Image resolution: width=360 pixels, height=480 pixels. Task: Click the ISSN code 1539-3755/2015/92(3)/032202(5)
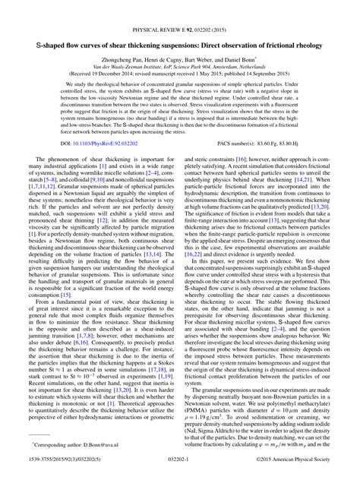(x=55, y=472)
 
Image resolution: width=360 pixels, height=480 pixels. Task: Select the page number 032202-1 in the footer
(x=180, y=472)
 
